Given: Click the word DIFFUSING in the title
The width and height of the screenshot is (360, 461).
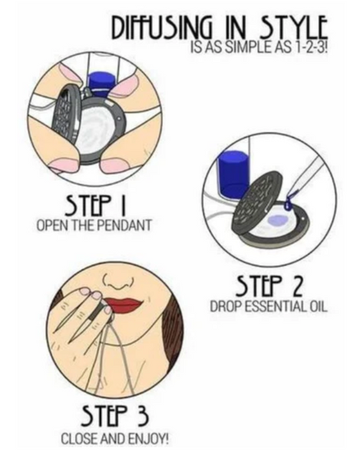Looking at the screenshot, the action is click(163, 28).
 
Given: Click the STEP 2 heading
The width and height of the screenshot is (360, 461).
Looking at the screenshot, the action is click(269, 285).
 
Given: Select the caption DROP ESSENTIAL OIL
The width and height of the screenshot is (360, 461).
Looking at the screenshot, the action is click(269, 307).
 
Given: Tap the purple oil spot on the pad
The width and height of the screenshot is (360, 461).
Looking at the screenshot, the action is click(277, 220).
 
